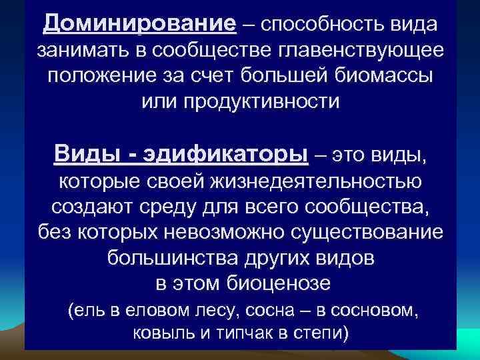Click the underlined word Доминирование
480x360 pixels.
(x=139, y=25)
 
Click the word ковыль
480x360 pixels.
(x=151, y=333)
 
